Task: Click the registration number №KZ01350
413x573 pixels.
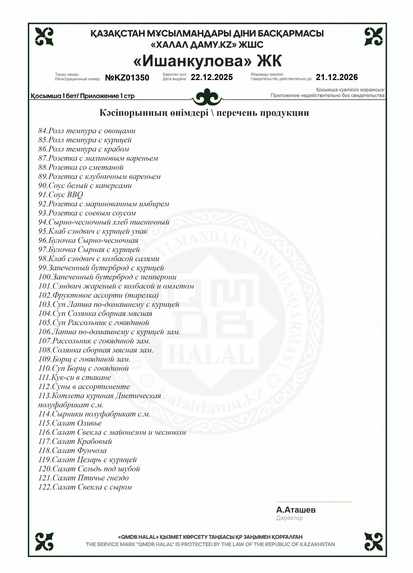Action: pyautogui.click(x=127, y=78)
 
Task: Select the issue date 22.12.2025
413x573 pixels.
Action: pyautogui.click(x=212, y=77)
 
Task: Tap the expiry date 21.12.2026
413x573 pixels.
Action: pyautogui.click(x=337, y=77)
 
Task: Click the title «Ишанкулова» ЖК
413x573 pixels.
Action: pyautogui.click(x=207, y=61)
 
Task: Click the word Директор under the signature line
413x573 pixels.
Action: pyautogui.click(x=289, y=518)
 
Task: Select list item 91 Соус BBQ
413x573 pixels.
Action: pyautogui.click(x=61, y=195)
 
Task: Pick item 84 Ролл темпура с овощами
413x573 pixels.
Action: pyautogui.click(x=87, y=131)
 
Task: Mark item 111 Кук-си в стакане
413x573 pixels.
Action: pyautogui.click(x=74, y=377)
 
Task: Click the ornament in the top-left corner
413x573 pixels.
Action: pyautogui.click(x=44, y=37)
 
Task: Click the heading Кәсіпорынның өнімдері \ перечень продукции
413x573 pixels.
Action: pyautogui.click(x=204, y=113)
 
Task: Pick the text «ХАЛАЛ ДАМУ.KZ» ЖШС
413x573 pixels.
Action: pyautogui.click(x=207, y=45)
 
